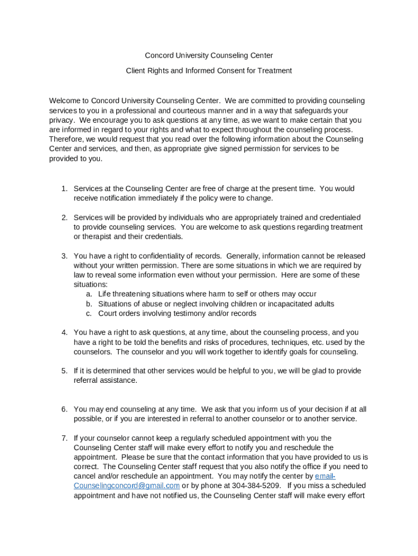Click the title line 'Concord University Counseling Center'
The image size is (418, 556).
coord(208,55)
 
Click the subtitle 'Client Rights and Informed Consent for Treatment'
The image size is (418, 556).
coord(208,71)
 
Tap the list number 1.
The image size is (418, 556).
coord(64,189)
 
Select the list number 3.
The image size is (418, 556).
coord(64,256)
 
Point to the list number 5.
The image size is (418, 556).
coord(64,371)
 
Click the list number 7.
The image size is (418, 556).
coord(64,438)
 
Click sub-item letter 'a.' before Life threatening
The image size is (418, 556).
coord(88,294)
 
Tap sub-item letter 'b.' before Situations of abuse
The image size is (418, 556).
coord(88,304)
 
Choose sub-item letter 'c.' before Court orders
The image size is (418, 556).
coord(88,314)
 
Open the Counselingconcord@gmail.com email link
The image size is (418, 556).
coord(126,486)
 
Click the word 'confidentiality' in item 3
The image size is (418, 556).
coord(171,256)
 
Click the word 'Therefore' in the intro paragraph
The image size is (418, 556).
coord(66,140)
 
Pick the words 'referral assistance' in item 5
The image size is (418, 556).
coord(105,381)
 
